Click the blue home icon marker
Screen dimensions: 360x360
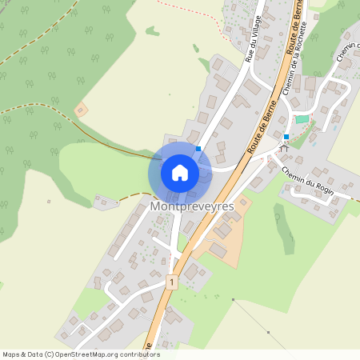coord(180,172)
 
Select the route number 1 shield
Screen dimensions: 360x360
coord(171,282)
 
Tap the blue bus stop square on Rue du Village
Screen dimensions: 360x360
coord(198,148)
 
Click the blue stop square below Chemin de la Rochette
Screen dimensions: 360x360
coord(286,137)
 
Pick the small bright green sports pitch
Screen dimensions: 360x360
coord(302,119)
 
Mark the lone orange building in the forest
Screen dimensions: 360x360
coord(80,110)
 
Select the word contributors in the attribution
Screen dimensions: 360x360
coord(138,354)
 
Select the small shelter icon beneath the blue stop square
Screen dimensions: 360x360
coord(282,148)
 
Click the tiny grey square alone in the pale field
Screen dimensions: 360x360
coord(49,202)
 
